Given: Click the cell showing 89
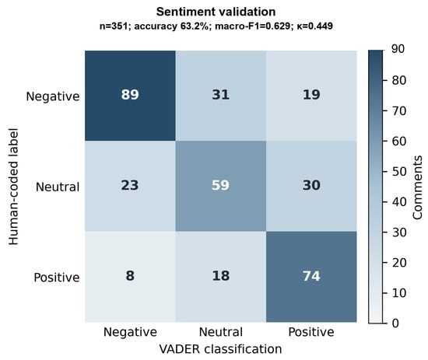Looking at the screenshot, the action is pos(130,96).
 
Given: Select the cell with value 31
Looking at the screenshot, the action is pos(221,96).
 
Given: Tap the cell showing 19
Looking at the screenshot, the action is pos(311,96).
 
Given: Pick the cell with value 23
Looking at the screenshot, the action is pos(130,186).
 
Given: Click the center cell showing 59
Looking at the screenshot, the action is pos(221,186).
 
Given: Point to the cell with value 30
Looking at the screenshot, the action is pos(311,186).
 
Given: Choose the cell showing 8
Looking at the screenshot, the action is pos(130,277).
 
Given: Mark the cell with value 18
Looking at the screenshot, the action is pos(221,277).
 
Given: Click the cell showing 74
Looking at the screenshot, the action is pos(311,277).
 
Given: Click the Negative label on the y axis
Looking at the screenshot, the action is pos(53,96).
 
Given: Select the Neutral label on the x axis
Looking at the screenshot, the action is pos(221,332).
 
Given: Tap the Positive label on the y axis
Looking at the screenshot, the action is pos(57,278).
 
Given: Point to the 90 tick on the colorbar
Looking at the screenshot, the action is pos(398,49).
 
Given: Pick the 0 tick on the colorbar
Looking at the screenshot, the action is pos(395,323).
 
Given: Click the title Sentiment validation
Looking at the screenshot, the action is pos(216,12).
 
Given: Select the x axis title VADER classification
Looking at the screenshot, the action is pos(220,349).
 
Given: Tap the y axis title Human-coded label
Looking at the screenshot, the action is pos(13,187).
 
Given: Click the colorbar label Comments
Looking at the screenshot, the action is pos(418,187).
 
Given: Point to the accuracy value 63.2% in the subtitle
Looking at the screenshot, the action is pos(197,26).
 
